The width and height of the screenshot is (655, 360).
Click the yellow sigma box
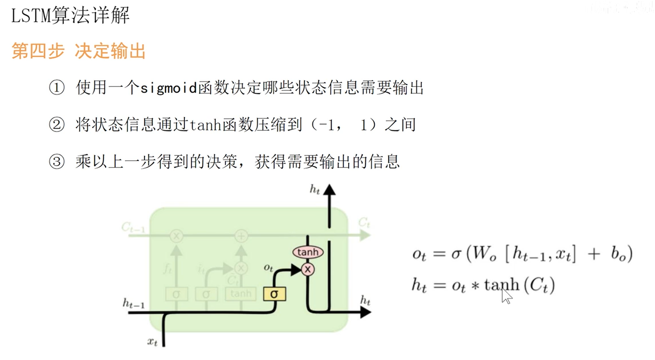click(274, 294)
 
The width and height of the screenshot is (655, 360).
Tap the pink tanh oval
click(308, 252)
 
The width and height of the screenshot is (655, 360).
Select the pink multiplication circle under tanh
click(308, 269)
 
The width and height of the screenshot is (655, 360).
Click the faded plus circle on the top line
click(241, 236)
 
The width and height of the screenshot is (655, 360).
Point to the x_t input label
click(153, 342)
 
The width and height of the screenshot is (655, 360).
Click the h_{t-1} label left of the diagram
click(134, 303)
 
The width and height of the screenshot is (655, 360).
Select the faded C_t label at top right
click(364, 222)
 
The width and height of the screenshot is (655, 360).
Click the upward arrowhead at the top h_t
click(329, 190)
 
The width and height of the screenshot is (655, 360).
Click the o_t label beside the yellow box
click(268, 268)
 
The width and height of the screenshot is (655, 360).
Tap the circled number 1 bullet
click(57, 88)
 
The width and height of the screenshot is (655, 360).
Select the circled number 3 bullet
click(57, 162)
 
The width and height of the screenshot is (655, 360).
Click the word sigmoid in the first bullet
click(169, 88)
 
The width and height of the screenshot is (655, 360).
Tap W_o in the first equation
click(483, 254)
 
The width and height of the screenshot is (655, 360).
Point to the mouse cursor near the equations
click(506, 295)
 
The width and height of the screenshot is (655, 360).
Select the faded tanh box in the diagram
click(240, 294)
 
